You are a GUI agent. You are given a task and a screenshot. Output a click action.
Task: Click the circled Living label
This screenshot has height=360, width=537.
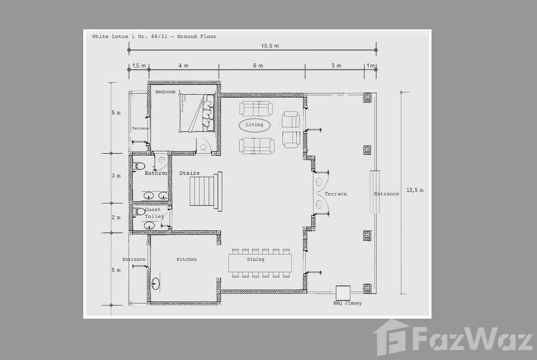(254, 125)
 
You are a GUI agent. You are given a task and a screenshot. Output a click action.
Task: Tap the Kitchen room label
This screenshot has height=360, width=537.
(186, 259)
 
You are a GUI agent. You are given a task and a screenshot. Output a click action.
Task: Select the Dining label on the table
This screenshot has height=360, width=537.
(255, 259)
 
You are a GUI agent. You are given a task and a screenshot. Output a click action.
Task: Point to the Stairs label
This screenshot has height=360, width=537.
(189, 173)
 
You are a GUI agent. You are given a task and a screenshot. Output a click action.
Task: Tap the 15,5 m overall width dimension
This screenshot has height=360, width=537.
(270, 46)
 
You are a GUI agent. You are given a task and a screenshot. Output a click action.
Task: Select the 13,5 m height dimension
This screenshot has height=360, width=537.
(415, 190)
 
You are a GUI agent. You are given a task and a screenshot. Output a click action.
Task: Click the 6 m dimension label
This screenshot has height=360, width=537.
(258, 65)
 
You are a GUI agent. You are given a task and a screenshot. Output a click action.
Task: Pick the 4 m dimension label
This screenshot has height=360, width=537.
(183, 65)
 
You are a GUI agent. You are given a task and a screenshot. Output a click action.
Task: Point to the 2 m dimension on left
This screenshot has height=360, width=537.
(116, 218)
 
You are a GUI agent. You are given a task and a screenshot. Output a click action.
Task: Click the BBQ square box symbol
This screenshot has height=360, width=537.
(343, 293)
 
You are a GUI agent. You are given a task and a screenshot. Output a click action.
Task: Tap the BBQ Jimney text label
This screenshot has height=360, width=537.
(347, 303)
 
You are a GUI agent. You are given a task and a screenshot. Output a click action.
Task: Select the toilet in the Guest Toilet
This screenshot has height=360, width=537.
(139, 211)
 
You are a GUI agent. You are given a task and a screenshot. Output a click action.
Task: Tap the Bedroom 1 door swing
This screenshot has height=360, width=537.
(203, 145)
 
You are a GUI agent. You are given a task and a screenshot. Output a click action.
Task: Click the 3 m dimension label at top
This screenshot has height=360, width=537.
(336, 65)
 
